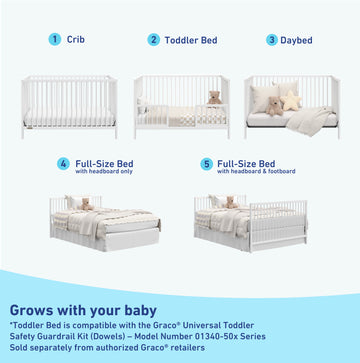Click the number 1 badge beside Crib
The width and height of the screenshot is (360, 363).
tap(54, 40)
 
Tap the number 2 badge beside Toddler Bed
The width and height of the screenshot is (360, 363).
tap(153, 40)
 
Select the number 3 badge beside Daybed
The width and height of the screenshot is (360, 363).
tap(271, 40)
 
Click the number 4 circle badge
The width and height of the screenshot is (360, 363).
tap(63, 164)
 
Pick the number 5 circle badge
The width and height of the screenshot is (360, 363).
tap(206, 164)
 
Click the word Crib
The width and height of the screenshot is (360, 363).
tap(76, 40)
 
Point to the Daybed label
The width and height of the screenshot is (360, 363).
tap(295, 40)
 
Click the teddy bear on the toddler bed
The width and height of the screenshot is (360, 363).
tap(212, 98)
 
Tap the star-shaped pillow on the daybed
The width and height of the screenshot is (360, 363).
tap(291, 101)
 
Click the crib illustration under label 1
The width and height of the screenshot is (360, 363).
tap(69, 105)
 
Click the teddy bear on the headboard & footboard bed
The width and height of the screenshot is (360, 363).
tap(230, 203)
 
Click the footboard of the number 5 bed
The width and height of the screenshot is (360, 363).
tap(279, 225)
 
